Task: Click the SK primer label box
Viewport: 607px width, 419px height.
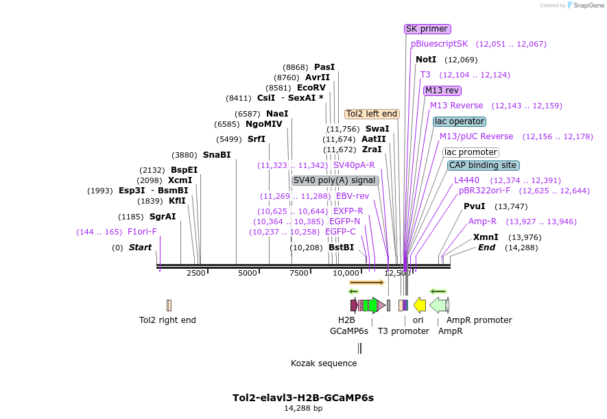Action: tap(427, 29)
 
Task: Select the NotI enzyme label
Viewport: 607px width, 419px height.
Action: tap(426, 60)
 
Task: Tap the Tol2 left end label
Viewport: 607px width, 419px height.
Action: tap(372, 114)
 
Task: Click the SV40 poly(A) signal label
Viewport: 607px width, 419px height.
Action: tap(335, 180)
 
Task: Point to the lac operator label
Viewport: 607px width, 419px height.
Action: tap(460, 121)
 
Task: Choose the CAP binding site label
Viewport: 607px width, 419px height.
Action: tap(483, 165)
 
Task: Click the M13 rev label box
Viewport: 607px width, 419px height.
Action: tap(442, 91)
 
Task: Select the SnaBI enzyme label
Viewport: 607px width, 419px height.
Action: tap(217, 155)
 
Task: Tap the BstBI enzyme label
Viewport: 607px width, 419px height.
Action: tap(341, 248)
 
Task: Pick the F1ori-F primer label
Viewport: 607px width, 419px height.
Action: tap(142, 232)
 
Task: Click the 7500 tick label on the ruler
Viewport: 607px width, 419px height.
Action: tap(299, 273)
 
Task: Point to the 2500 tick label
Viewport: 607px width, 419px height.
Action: tap(196, 273)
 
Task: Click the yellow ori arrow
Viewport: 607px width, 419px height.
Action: tap(420, 305)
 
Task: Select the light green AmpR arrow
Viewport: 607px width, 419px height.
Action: tap(438, 305)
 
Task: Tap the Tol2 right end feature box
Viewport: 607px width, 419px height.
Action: tap(169, 305)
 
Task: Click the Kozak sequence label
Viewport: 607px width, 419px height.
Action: tap(324, 363)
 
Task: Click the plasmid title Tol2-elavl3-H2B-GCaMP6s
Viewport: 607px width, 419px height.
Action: tap(303, 398)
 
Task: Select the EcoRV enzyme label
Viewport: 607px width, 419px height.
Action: tap(311, 88)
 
